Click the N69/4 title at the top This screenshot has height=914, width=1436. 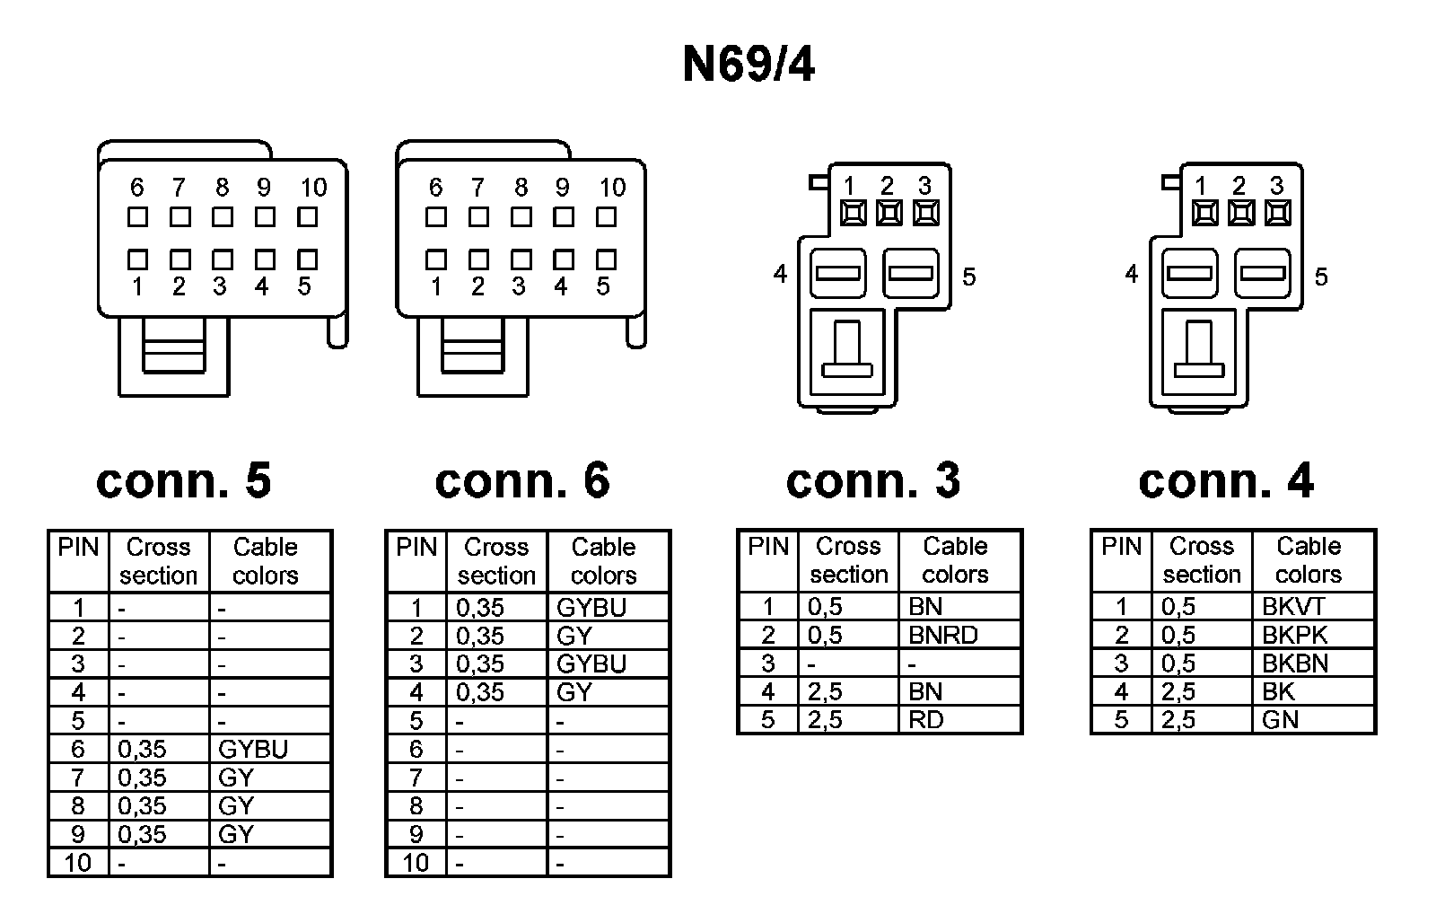coord(748,65)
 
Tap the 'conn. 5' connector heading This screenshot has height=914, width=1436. coord(183,480)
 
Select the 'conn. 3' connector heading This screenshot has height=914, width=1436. coord(872,480)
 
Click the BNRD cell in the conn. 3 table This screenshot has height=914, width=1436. coord(942,635)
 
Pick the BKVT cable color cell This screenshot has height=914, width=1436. coord(1293,606)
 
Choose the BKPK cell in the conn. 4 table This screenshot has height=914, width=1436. coord(1294,635)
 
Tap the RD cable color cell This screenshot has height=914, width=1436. coord(926,719)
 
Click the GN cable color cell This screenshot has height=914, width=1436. coord(1280,719)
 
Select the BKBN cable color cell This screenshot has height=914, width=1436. coord(1295,664)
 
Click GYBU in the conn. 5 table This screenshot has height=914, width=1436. coord(253,749)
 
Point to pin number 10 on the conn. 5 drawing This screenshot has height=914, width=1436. coord(313,188)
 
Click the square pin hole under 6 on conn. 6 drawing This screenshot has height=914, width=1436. coord(436,216)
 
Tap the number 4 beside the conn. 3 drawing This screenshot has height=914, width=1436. coord(780,273)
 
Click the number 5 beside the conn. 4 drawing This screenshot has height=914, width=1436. coord(1320,277)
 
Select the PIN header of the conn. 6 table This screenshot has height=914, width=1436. coord(416,547)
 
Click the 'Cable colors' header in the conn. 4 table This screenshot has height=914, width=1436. coord(1309,560)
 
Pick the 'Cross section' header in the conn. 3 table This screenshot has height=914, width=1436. coord(848,560)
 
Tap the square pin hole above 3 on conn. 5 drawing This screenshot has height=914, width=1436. coord(222,259)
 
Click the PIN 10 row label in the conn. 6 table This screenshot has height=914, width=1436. coord(416,863)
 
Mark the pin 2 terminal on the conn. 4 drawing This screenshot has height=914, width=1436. coord(1240,214)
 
